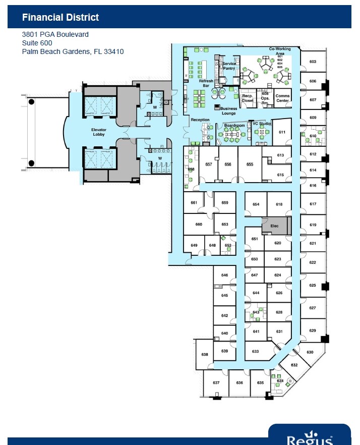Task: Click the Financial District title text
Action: tap(61, 18)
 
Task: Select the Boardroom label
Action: tap(234, 125)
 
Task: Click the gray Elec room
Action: tap(275, 226)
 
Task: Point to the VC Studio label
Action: tap(262, 123)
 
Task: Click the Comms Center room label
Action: tap(282, 98)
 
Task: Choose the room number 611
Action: tap(282, 132)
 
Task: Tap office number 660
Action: tap(199, 225)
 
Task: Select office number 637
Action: tap(216, 383)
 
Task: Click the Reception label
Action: tap(200, 120)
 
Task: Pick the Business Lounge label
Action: tap(228, 110)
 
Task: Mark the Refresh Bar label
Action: tap(206, 83)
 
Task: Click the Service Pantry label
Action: tap(229, 66)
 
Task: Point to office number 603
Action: tap(313, 62)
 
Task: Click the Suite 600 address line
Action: tap(37, 43)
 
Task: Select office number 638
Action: tap(205, 355)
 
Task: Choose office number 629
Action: tap(313, 330)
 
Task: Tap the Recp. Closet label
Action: tap(247, 98)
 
